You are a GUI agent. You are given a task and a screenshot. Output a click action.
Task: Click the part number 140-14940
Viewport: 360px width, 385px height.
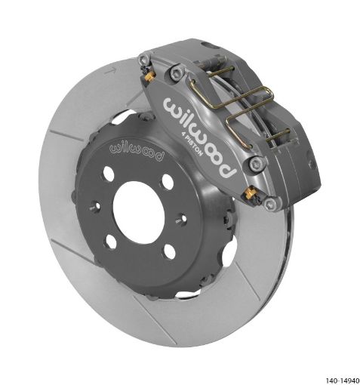pyautogui.click(x=343, y=380)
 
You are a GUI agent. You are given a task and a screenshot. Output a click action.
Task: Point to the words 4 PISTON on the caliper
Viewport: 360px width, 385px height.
pyautogui.click(x=192, y=144)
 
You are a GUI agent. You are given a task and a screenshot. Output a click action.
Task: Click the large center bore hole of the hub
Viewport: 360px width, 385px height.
pyautogui.click(x=139, y=212)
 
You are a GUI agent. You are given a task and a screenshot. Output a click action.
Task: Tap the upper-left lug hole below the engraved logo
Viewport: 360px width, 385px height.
pyautogui.click(x=109, y=173)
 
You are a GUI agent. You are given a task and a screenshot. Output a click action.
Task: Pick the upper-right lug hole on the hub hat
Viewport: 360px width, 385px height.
pyautogui.click(x=168, y=181)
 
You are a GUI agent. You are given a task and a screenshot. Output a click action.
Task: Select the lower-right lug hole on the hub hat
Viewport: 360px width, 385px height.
pyautogui.click(x=170, y=251)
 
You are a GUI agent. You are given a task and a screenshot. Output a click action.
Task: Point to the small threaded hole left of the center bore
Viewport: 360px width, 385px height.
pyautogui.click(x=96, y=206)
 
